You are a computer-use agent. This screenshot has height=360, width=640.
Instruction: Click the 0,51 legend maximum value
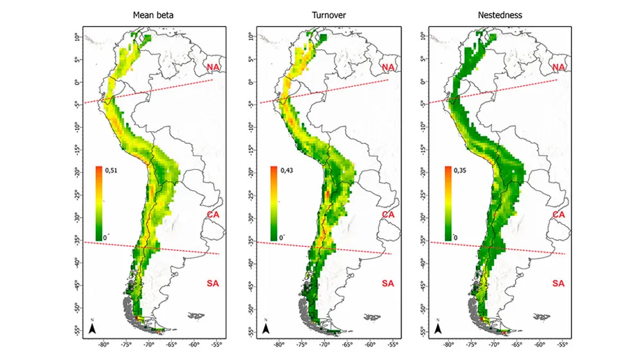click(x=112, y=172)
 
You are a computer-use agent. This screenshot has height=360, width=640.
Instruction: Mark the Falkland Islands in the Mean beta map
click(x=195, y=316)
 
